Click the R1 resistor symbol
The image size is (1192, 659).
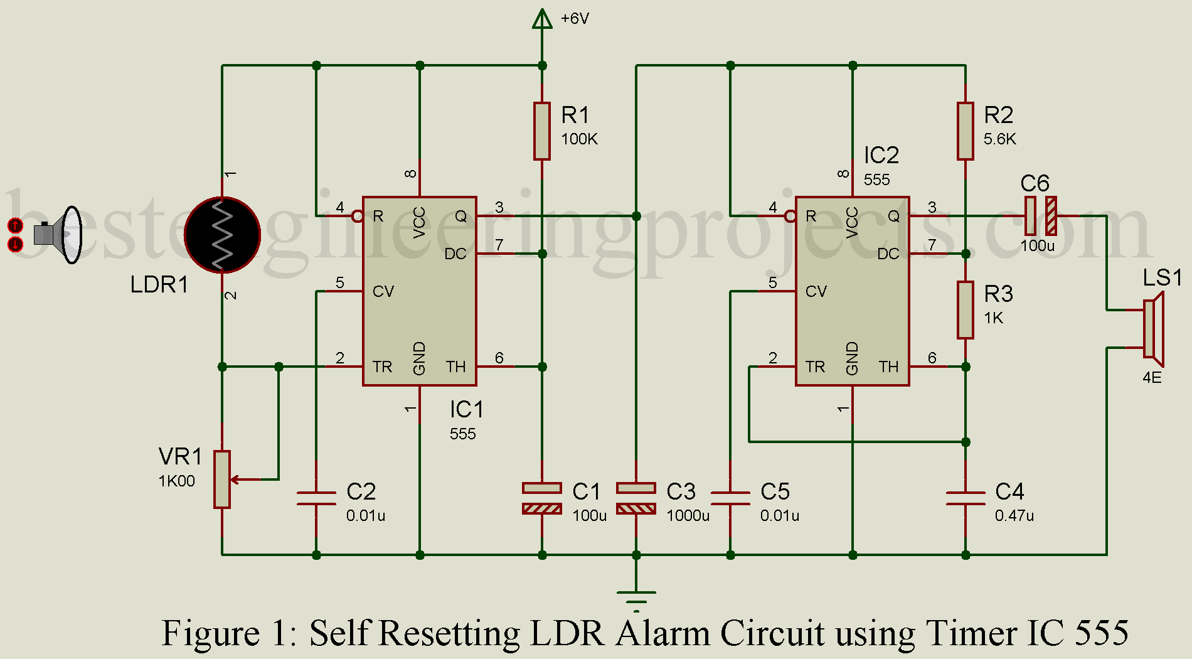542,131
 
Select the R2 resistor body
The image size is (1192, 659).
966,131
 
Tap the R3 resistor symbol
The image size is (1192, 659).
966,310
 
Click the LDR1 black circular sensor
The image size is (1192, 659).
223,235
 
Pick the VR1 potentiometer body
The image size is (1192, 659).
222,480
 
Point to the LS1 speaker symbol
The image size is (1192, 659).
1153,329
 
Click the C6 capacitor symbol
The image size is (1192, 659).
1040,216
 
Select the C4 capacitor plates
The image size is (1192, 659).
966,498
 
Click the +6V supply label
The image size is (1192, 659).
575,19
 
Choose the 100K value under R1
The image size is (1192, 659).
579,139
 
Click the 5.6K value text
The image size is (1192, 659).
999,139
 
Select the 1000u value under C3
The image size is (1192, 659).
688,516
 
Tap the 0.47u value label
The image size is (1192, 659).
1014,516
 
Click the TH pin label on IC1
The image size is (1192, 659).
455,367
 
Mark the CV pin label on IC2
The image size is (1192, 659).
816,291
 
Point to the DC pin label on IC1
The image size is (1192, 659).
455,254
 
